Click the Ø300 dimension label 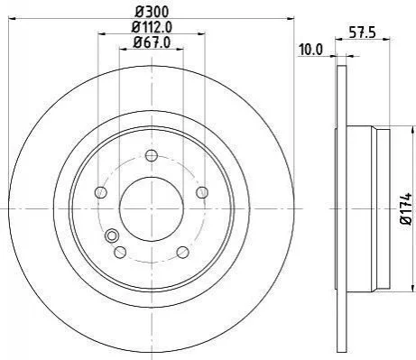[x=152, y=12]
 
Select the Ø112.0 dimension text [x=152, y=27]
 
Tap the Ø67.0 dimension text [x=152, y=42]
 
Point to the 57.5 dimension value [x=363, y=32]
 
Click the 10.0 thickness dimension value [x=310, y=50]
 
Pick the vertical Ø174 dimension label [x=406, y=208]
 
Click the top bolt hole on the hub [x=152, y=155]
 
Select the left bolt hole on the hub [x=101, y=192]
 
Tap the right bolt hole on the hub [x=202, y=192]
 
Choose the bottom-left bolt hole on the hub [x=120, y=252]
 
